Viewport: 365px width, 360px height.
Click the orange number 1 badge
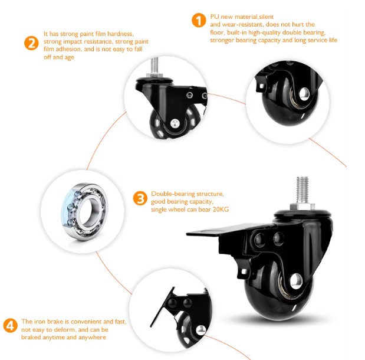point(198,21)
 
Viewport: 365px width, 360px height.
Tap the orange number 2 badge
point(31,42)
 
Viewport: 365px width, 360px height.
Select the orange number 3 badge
point(140,198)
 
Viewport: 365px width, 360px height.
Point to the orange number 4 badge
point(10,325)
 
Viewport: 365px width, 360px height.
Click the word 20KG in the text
point(214,210)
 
